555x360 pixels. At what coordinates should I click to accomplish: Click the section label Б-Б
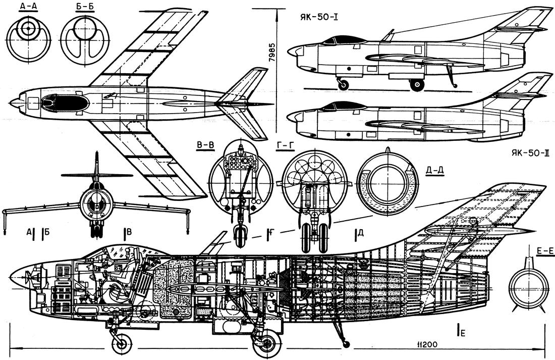coord(77,7)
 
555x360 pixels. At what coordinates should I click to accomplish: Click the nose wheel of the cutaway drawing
coord(122,344)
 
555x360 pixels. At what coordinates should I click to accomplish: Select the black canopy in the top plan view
coord(65,102)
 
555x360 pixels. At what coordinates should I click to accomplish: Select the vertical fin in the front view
coord(96,169)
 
